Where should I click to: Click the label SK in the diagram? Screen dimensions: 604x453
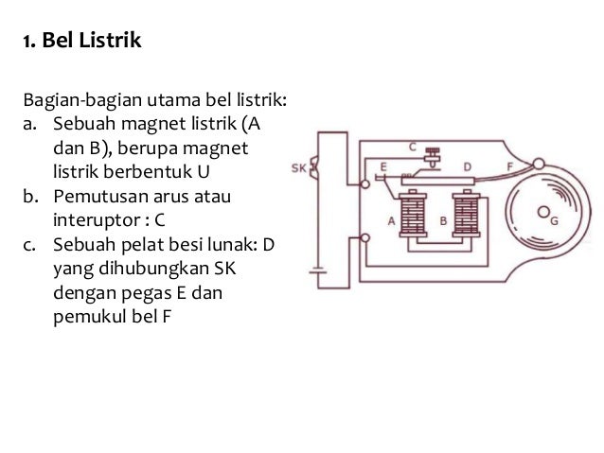[298, 169]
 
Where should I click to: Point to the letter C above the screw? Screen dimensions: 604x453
[413, 147]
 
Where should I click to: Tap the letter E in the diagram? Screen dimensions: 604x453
[382, 166]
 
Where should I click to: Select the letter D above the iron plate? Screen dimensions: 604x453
[467, 166]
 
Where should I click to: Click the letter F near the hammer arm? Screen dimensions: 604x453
[511, 166]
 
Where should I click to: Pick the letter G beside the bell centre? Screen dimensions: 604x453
[554, 220]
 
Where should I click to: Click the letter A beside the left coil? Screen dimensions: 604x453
[389, 219]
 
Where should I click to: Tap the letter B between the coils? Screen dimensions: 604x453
[443, 219]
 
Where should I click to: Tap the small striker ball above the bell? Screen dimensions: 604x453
[539, 164]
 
